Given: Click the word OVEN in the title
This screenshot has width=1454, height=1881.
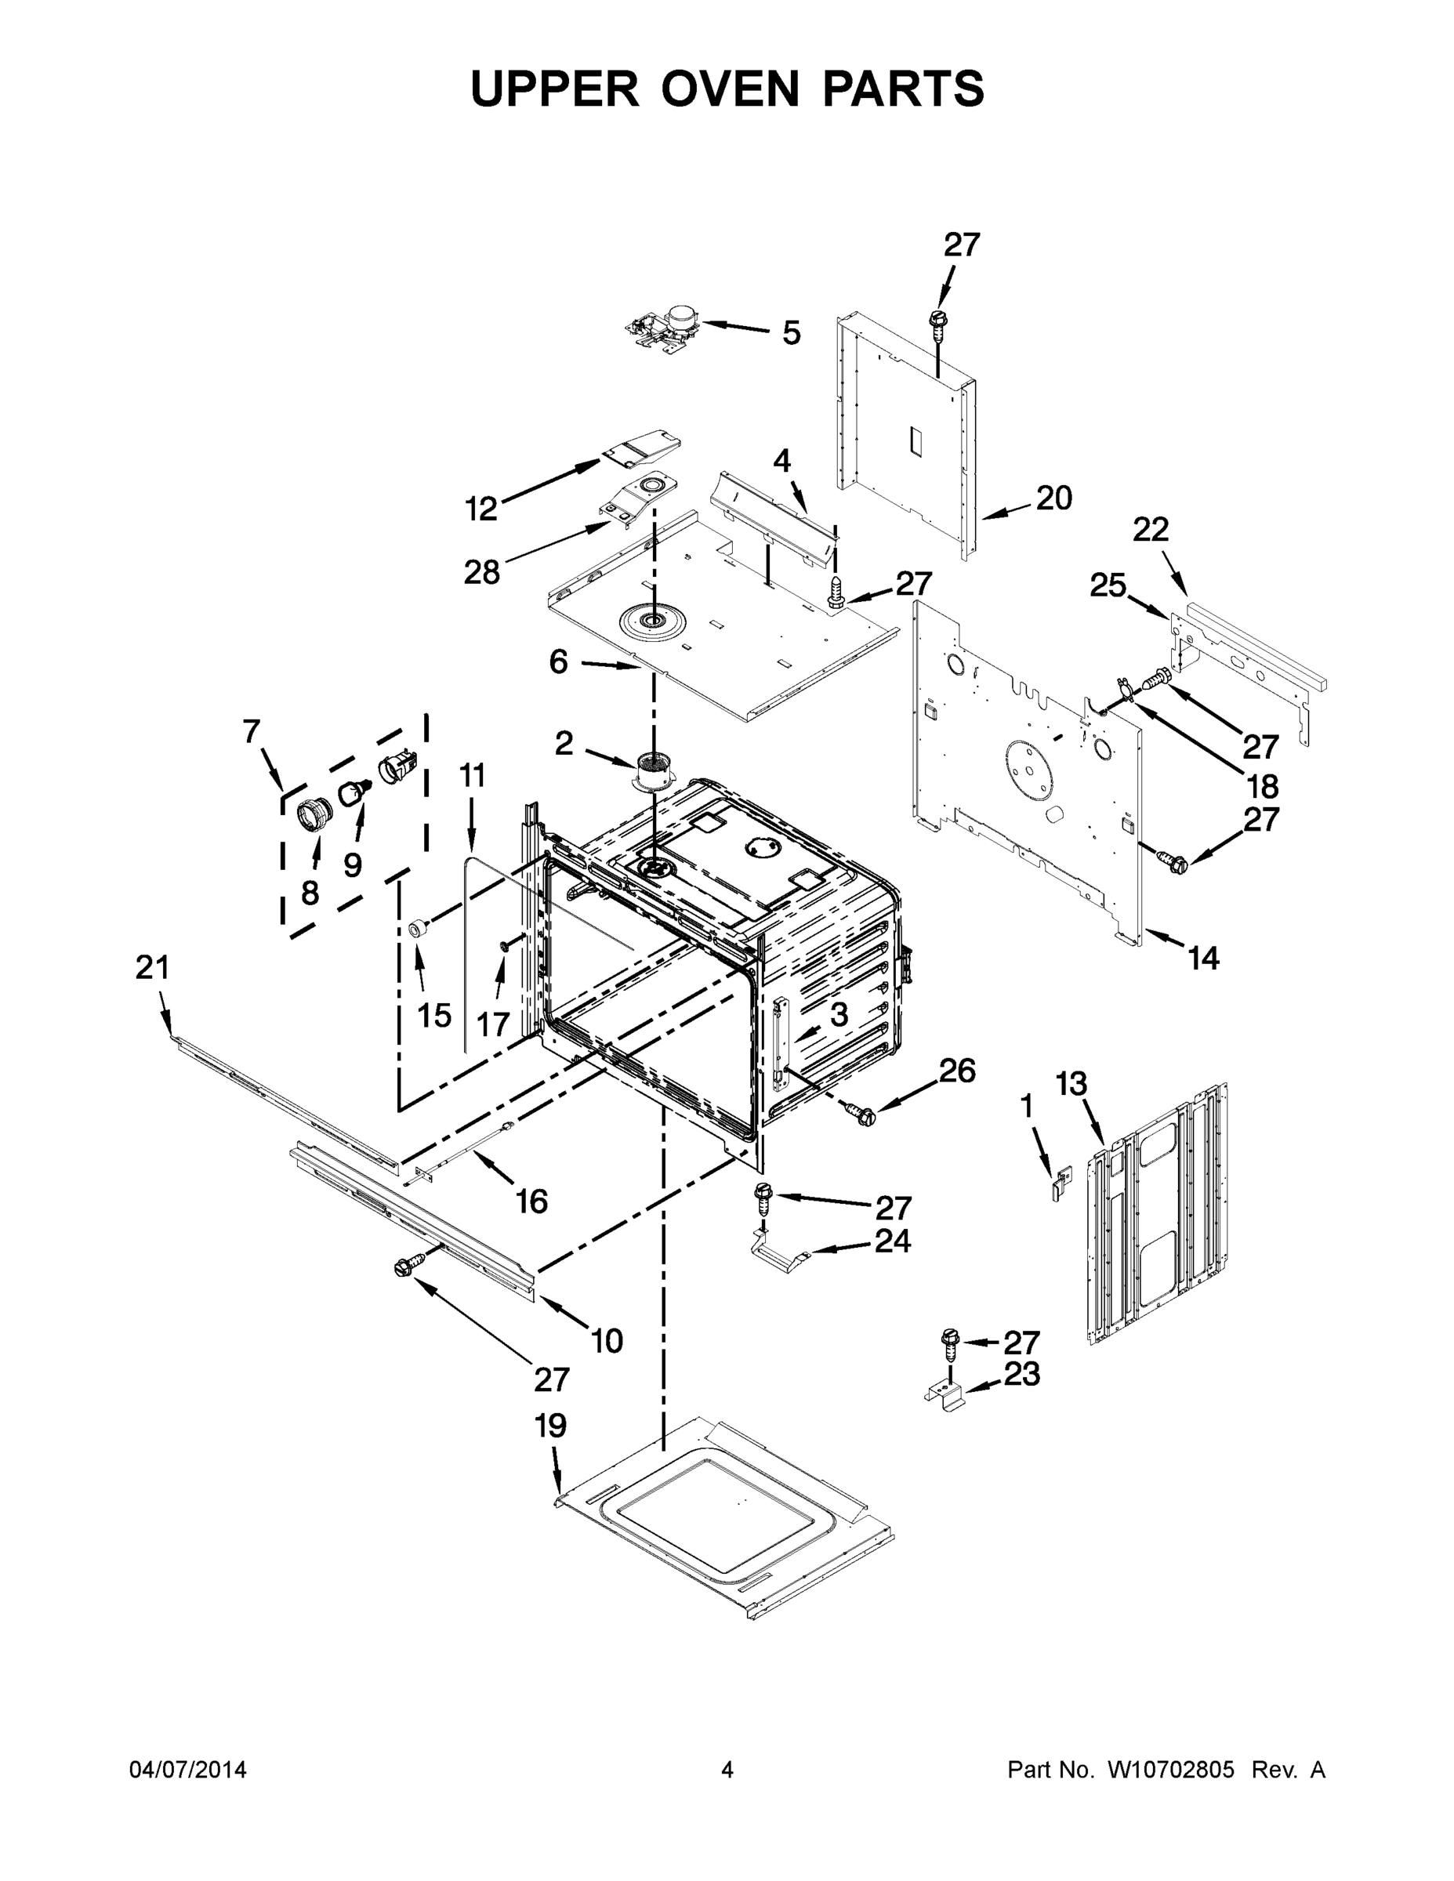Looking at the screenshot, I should pos(731,89).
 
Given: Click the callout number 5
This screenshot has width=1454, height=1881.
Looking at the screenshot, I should pos(791,332).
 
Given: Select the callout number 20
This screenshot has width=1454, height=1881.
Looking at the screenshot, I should pos(1053,498).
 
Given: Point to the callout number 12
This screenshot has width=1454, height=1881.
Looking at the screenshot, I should pos(481,509).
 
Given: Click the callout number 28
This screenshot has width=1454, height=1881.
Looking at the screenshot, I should pos(481,571).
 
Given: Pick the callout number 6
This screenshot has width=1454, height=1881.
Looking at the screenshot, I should pos(558,661).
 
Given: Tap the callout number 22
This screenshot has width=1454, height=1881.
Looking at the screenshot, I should pos(1150,529).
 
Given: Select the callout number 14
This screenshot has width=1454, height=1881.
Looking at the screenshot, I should pos(1203,958).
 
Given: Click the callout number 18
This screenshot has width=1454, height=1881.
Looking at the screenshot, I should pos(1261,785).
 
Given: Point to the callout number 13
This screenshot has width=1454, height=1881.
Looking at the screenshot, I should pos(1071,1083).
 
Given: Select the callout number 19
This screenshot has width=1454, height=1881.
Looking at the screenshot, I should pos(550,1426).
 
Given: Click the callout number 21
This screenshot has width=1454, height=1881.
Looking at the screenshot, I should pos(153,967).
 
